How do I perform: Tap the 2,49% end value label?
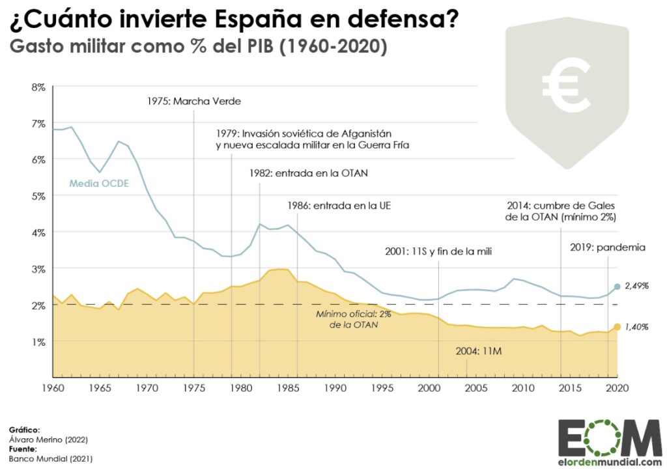[x=637, y=286]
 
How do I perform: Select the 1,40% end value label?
[x=636, y=327]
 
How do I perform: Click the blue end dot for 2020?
[x=617, y=287]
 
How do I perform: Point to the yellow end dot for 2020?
[x=617, y=327]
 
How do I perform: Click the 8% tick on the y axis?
[x=38, y=87]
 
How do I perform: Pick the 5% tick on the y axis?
[x=38, y=196]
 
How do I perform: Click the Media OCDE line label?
[x=98, y=183]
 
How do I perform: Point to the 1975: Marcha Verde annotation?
[x=193, y=101]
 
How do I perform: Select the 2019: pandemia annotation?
[x=607, y=247]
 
